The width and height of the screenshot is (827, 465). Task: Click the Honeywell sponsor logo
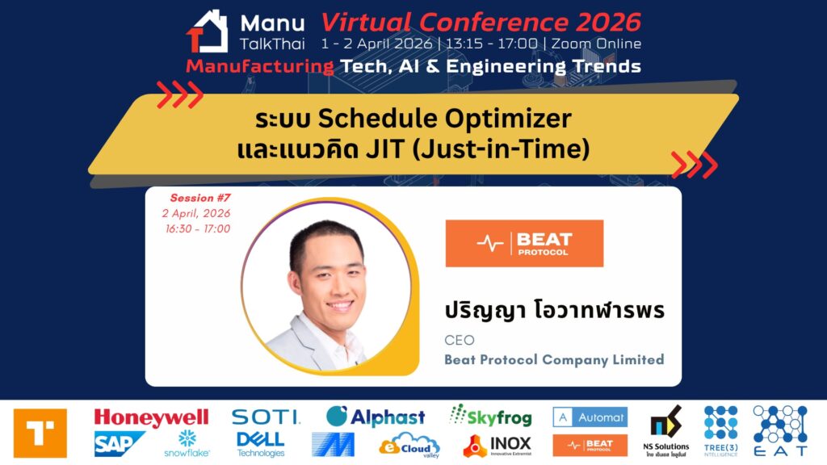click(151, 417)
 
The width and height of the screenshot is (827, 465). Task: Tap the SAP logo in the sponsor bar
click(120, 443)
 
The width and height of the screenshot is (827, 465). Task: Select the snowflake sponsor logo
click(187, 443)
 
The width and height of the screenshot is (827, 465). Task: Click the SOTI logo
click(266, 417)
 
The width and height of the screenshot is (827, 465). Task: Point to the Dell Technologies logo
click(261, 445)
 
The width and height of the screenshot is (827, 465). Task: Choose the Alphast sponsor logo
click(376, 417)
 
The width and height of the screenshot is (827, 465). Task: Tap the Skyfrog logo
click(490, 417)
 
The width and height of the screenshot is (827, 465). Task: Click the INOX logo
click(497, 446)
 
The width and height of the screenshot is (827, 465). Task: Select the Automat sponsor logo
click(590, 417)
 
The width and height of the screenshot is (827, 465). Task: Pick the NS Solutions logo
click(666, 431)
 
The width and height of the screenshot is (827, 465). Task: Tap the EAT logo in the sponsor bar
click(780, 431)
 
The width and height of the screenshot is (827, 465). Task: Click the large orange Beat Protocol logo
click(524, 243)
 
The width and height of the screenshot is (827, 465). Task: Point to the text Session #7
click(200, 198)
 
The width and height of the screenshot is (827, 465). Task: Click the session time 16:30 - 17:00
click(198, 228)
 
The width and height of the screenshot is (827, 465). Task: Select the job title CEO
click(460, 340)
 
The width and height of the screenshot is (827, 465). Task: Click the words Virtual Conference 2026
click(481, 23)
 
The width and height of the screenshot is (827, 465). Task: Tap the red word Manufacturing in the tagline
click(260, 66)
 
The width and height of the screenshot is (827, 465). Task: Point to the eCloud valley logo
click(409, 446)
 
